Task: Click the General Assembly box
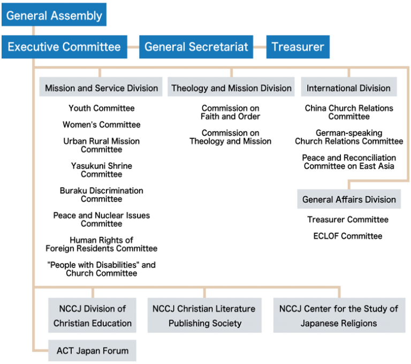pos(54,15)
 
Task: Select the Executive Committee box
pos(64,47)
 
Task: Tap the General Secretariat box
pos(196,47)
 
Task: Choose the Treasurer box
pos(298,47)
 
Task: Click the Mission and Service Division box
pos(101,88)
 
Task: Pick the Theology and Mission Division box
pos(231,88)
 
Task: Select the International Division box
pos(348,88)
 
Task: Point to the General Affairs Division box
pos(349,199)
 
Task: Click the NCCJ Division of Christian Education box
pos(93,316)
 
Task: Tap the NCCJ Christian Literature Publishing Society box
pos(204,316)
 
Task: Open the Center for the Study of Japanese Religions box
pos(339,316)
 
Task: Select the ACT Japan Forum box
pos(92,351)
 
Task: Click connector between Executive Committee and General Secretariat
pos(133,47)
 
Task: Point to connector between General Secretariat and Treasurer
pos(260,47)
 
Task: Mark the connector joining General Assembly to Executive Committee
pos(33,31)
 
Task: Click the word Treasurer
pos(298,47)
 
